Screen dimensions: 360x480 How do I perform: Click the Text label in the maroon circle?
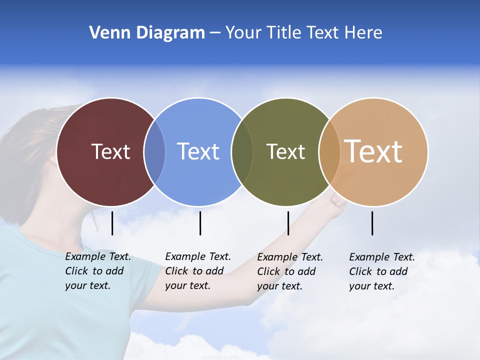click(x=110, y=151)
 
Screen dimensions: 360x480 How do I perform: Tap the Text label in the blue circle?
click(x=198, y=151)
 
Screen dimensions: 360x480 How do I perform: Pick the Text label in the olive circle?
click(x=285, y=151)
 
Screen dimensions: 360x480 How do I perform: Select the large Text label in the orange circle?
click(x=373, y=151)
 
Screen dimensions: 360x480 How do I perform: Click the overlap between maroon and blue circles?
click(x=154, y=151)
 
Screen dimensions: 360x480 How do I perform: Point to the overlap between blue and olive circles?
click(x=242, y=151)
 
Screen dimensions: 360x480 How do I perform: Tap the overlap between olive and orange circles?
click(x=329, y=151)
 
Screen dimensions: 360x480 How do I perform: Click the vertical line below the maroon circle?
click(x=112, y=223)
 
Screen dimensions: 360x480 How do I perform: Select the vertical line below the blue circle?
click(x=200, y=223)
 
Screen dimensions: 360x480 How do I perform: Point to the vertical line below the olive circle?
click(x=288, y=223)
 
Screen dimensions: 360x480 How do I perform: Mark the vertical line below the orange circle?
click(x=372, y=223)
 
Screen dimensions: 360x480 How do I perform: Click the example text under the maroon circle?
click(x=97, y=271)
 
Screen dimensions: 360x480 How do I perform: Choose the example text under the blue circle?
click(x=197, y=271)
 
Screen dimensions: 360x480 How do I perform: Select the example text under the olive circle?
click(x=289, y=271)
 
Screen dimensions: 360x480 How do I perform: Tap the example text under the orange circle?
click(x=381, y=271)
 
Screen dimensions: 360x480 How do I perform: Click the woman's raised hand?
click(x=338, y=199)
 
